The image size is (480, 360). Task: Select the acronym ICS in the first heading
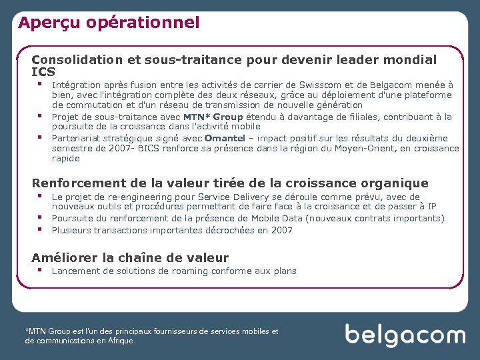pos(43,72)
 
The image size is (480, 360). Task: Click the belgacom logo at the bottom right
pos(405,335)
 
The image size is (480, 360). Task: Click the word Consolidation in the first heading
pos(76,60)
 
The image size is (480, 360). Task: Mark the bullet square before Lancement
pos(41,270)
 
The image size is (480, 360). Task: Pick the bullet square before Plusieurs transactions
pos(41,229)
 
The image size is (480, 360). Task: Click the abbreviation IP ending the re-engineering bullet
pos(431,207)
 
